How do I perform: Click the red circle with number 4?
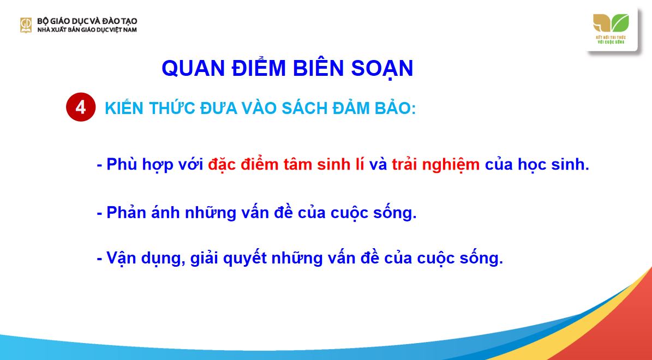[x=81, y=107]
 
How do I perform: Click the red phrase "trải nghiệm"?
[x=435, y=164]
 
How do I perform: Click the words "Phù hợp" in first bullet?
[x=136, y=164]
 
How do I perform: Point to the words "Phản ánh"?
[x=140, y=212]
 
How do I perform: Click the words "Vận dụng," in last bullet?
[x=140, y=258]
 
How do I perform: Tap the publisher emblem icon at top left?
[x=26, y=25]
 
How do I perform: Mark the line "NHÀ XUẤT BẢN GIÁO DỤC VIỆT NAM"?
[x=87, y=29]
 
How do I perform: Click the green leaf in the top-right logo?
[x=620, y=23]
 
